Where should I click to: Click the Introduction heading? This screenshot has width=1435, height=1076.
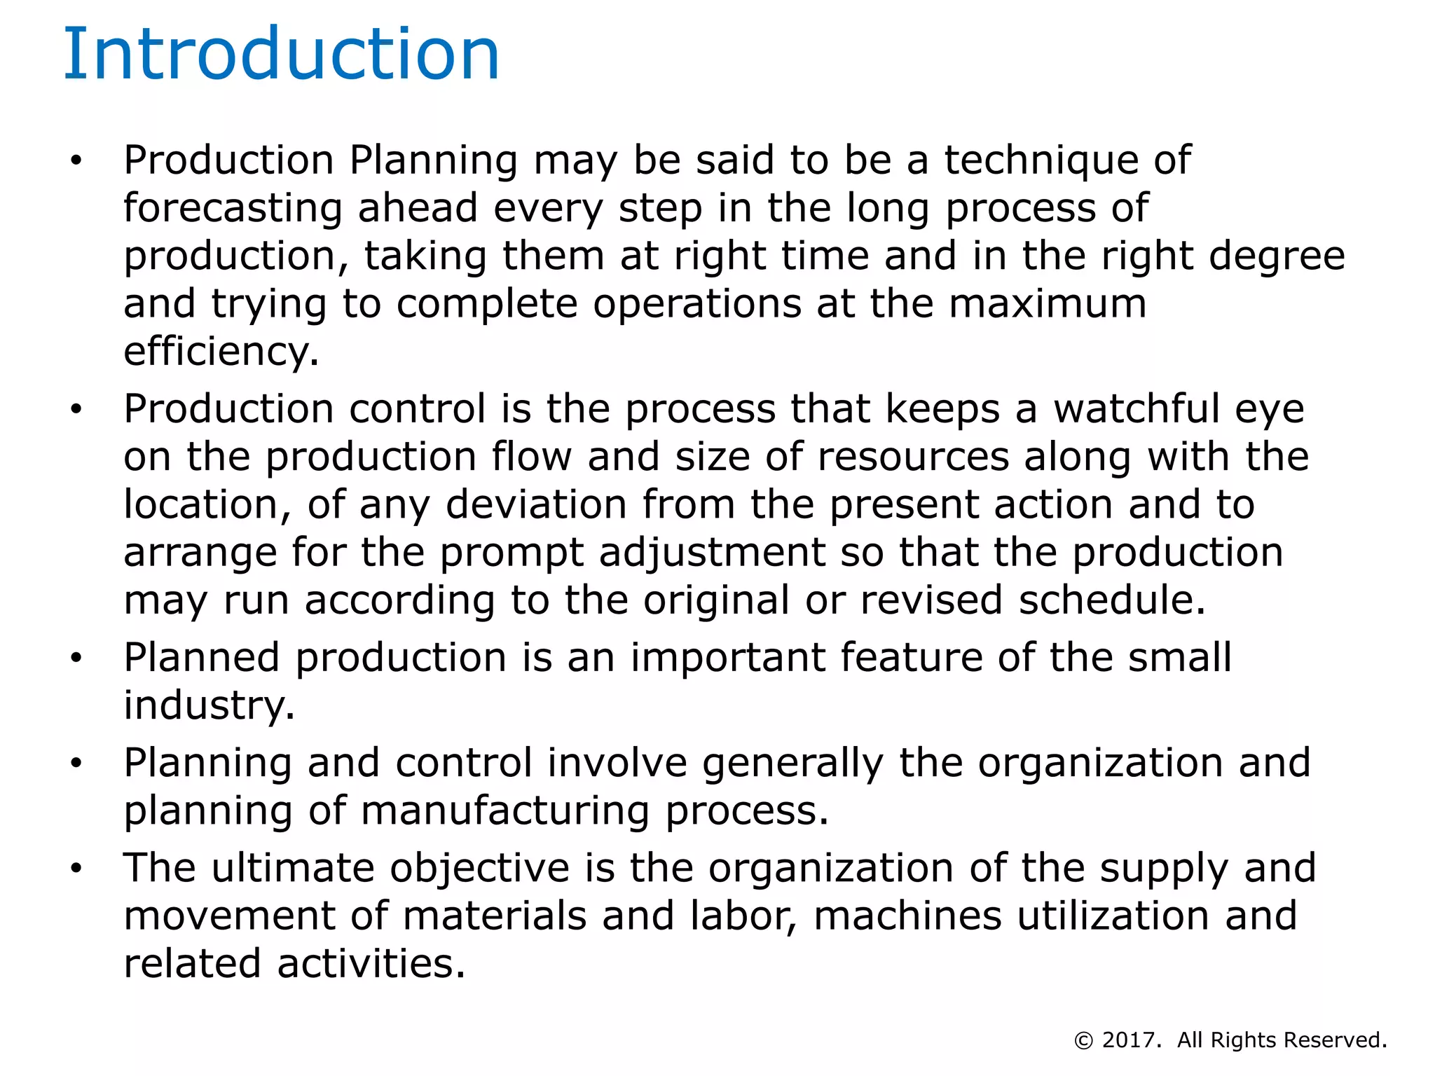pyautogui.click(x=282, y=55)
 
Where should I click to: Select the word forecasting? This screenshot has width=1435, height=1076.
pyautogui.click(x=233, y=209)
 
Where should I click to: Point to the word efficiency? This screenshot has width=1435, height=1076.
pyautogui.click(x=220, y=352)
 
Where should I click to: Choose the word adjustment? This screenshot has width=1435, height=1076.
pyautogui.click(x=712, y=553)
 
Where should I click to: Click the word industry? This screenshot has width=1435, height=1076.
pyautogui.click(x=209, y=705)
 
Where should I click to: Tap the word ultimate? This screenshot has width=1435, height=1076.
pyautogui.click(x=293, y=868)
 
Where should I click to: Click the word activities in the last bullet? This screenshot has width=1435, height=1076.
pyautogui.click(x=371, y=964)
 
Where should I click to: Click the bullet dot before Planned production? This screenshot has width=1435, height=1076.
pyautogui.click(x=76, y=658)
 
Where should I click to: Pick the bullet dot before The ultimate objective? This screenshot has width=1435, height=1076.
pyautogui.click(x=76, y=869)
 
